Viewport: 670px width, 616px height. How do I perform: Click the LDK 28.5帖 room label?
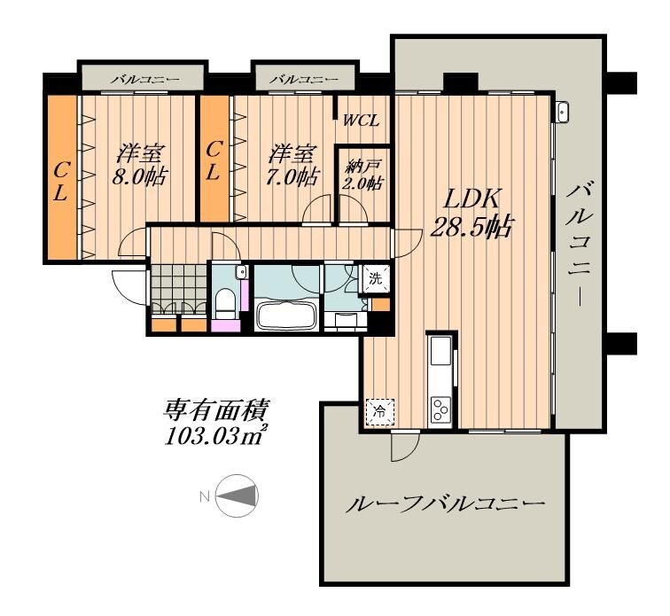coord(470,213)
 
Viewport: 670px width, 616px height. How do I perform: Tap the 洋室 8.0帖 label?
coord(141,164)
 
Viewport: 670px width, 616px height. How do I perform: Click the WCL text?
coord(362,121)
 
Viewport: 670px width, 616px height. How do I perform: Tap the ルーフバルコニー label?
coord(443,506)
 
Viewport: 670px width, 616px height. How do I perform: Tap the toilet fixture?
coord(227,302)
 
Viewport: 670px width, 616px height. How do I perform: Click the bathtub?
coord(285,316)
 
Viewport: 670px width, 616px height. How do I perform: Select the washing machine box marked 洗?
coord(376,278)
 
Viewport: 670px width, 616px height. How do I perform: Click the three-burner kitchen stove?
coord(440,408)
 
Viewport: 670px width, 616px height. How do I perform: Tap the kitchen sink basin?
coord(440,355)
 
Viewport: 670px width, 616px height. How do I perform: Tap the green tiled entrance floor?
coord(178,285)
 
